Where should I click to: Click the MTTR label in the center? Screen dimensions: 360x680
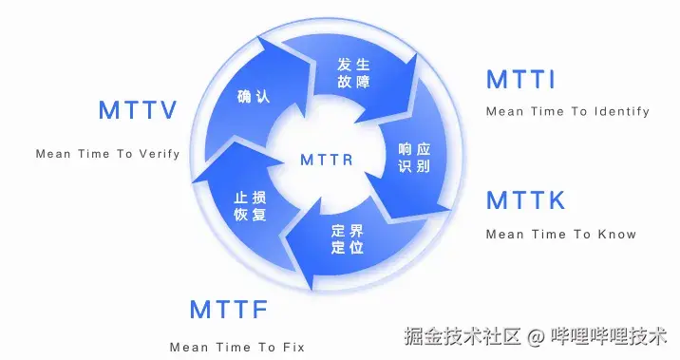tap(327, 159)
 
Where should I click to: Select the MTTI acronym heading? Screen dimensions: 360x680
tap(520, 80)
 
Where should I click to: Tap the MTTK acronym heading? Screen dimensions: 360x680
tap(525, 200)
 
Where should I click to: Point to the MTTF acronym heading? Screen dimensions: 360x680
tap(229, 310)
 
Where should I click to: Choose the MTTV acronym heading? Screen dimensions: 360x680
tap(139, 110)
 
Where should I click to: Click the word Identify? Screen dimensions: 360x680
tap(622, 112)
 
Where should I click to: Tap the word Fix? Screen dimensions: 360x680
tap(293, 347)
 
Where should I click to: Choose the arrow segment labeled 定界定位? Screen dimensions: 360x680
tap(349, 239)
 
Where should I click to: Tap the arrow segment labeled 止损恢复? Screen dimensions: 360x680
tap(249, 205)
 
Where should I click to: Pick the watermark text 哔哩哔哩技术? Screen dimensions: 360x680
tap(609, 336)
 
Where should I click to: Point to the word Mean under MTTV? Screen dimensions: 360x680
tap(55, 153)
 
